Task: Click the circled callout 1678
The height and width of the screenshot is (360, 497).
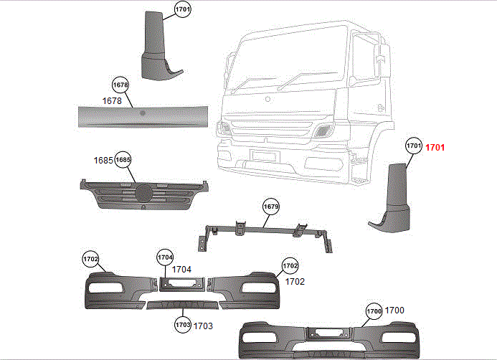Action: (120, 85)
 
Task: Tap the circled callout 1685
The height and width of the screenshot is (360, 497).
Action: (123, 159)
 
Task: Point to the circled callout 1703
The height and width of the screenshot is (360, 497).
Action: (182, 326)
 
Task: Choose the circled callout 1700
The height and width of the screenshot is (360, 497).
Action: (374, 311)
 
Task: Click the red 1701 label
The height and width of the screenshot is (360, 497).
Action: (435, 148)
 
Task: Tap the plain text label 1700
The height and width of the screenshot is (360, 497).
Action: (395, 311)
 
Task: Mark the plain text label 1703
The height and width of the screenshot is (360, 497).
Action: (203, 326)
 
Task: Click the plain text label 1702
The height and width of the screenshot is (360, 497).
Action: (295, 282)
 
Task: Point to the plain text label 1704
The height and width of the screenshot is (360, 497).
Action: (182, 269)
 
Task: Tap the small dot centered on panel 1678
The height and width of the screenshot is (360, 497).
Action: (143, 113)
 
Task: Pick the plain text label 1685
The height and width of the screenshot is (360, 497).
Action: (103, 160)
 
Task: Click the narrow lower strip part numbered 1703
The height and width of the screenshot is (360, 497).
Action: (181, 305)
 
